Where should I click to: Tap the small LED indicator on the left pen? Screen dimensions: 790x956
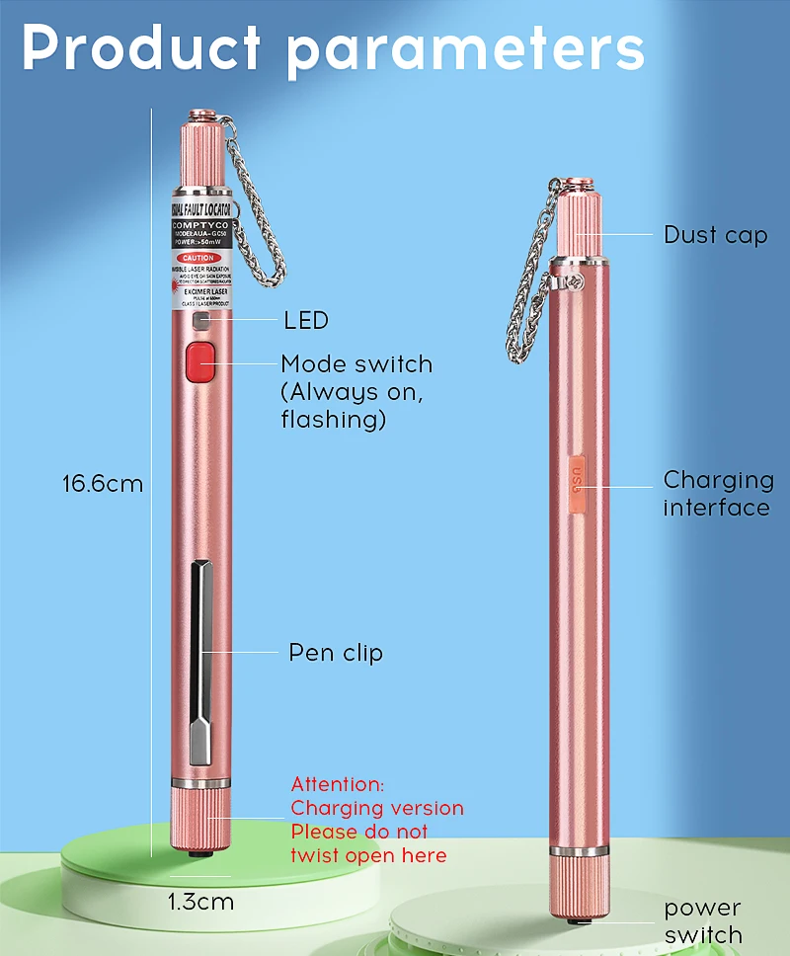[200, 321]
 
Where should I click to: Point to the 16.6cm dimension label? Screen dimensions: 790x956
[103, 484]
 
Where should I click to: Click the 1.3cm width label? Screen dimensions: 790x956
[200, 902]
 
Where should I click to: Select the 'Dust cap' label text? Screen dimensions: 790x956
[715, 235]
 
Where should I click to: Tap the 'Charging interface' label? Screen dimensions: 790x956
[718, 494]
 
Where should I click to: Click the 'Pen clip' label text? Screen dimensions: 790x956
[336, 653]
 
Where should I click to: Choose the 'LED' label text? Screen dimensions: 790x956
[305, 320]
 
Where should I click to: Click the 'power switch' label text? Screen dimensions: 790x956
[703, 921]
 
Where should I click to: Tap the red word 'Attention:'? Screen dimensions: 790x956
[338, 784]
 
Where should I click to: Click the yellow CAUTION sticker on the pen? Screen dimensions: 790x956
[201, 259]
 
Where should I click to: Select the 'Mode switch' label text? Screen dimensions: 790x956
[356, 364]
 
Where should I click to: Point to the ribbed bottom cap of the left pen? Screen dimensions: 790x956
[200, 819]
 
